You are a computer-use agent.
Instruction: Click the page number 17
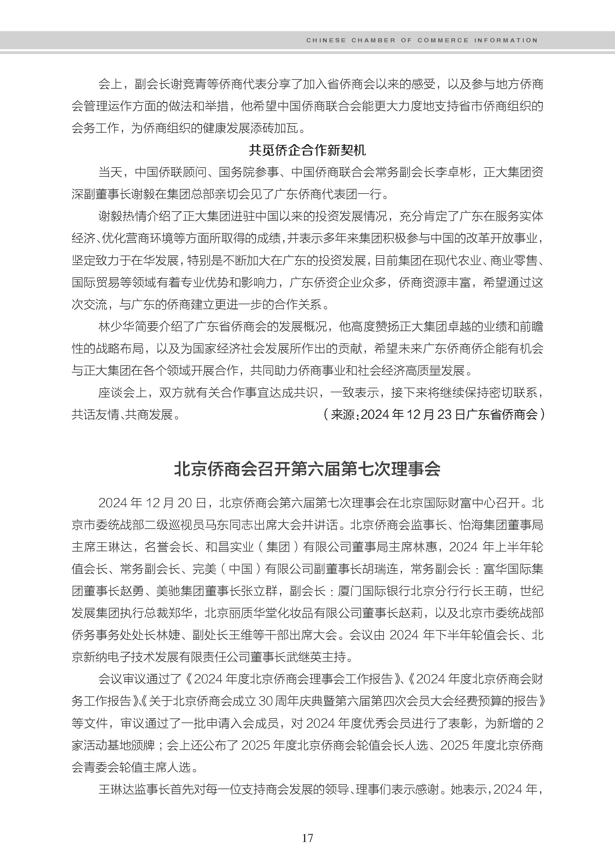307,838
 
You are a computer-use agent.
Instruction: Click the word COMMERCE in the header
443,40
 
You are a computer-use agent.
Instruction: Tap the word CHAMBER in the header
373,40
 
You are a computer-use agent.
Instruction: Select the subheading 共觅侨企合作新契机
307,150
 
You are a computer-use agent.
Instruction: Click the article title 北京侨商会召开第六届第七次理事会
307,469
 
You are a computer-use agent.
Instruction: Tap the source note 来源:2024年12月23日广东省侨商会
434,415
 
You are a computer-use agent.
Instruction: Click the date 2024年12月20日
152,503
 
